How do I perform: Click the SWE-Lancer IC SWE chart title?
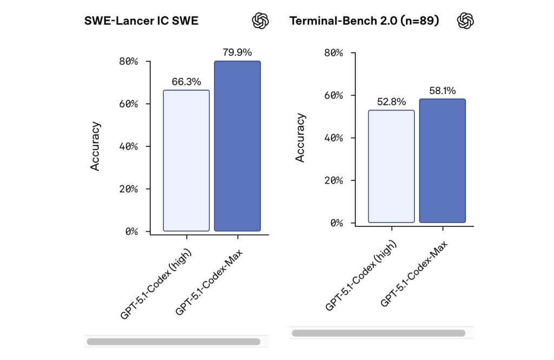tap(141, 21)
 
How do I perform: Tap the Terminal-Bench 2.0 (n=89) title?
tap(364, 21)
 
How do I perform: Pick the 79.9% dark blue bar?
tap(237, 146)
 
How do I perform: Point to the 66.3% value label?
tap(186, 82)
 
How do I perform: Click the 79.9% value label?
tap(237, 53)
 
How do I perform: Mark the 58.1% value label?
tap(442, 90)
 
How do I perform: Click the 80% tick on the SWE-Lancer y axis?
tap(128, 61)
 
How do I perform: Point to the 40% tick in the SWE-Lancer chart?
tap(128, 146)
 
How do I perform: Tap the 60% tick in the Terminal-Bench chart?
tap(333, 95)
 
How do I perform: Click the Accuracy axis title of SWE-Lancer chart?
tap(95, 146)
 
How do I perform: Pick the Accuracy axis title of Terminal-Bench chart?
tap(300, 138)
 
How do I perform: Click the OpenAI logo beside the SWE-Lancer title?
tap(260, 21)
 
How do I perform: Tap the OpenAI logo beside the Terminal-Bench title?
tap(465, 21)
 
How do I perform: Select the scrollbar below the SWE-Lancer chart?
tap(173, 342)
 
